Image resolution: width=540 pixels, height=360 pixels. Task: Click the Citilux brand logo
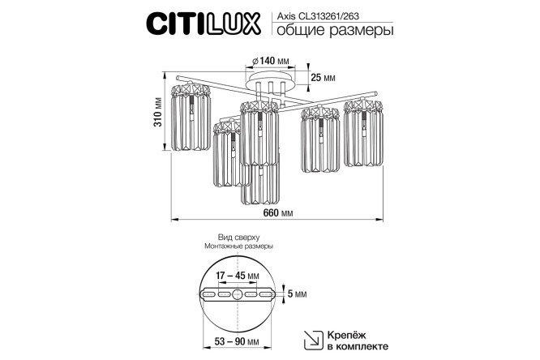click(204, 24)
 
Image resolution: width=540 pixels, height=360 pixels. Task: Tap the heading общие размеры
click(335, 30)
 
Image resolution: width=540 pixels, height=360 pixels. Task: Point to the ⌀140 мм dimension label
click(271, 61)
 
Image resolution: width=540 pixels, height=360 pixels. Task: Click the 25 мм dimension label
click(323, 78)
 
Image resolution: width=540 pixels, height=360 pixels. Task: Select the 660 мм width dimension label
click(278, 213)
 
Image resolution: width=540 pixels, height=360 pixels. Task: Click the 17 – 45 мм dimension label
click(238, 276)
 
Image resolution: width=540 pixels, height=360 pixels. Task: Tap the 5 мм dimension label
click(297, 294)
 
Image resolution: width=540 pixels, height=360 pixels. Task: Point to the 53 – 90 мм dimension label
click(237, 341)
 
